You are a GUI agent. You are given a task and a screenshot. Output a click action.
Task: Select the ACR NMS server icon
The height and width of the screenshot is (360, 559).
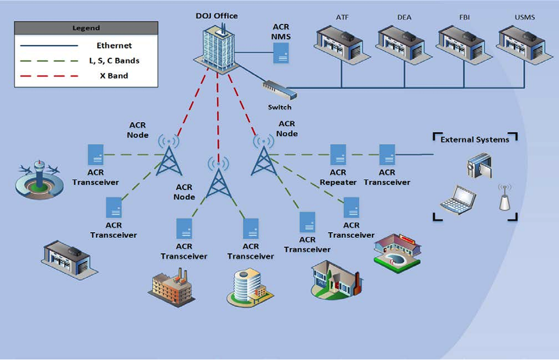[x=282, y=53]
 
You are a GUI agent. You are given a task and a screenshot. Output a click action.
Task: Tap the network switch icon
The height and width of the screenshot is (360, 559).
[x=279, y=90]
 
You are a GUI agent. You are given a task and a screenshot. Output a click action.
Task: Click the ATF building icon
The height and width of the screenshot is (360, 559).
[x=339, y=44]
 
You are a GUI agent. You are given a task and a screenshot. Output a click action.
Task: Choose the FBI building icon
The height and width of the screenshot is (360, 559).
[x=462, y=44]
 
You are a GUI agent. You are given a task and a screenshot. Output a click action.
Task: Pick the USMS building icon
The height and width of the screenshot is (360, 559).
[x=522, y=44]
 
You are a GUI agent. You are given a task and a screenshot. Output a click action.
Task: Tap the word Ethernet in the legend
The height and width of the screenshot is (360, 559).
[x=114, y=45]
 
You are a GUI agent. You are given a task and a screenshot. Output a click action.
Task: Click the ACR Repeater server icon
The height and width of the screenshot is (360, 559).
[x=338, y=155]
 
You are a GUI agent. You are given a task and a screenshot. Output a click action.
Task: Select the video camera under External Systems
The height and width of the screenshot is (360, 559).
[x=479, y=165]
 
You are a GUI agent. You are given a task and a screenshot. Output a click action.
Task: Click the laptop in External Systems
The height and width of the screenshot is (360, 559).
[x=458, y=200]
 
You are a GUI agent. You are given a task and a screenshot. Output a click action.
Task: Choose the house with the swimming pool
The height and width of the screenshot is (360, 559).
[x=397, y=250]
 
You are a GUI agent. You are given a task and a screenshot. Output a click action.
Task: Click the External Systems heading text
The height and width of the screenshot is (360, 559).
[x=475, y=139]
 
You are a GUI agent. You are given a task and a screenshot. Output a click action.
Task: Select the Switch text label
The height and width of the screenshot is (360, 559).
[x=279, y=107]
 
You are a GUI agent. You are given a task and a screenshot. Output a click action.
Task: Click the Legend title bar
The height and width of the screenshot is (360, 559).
[x=86, y=28]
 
